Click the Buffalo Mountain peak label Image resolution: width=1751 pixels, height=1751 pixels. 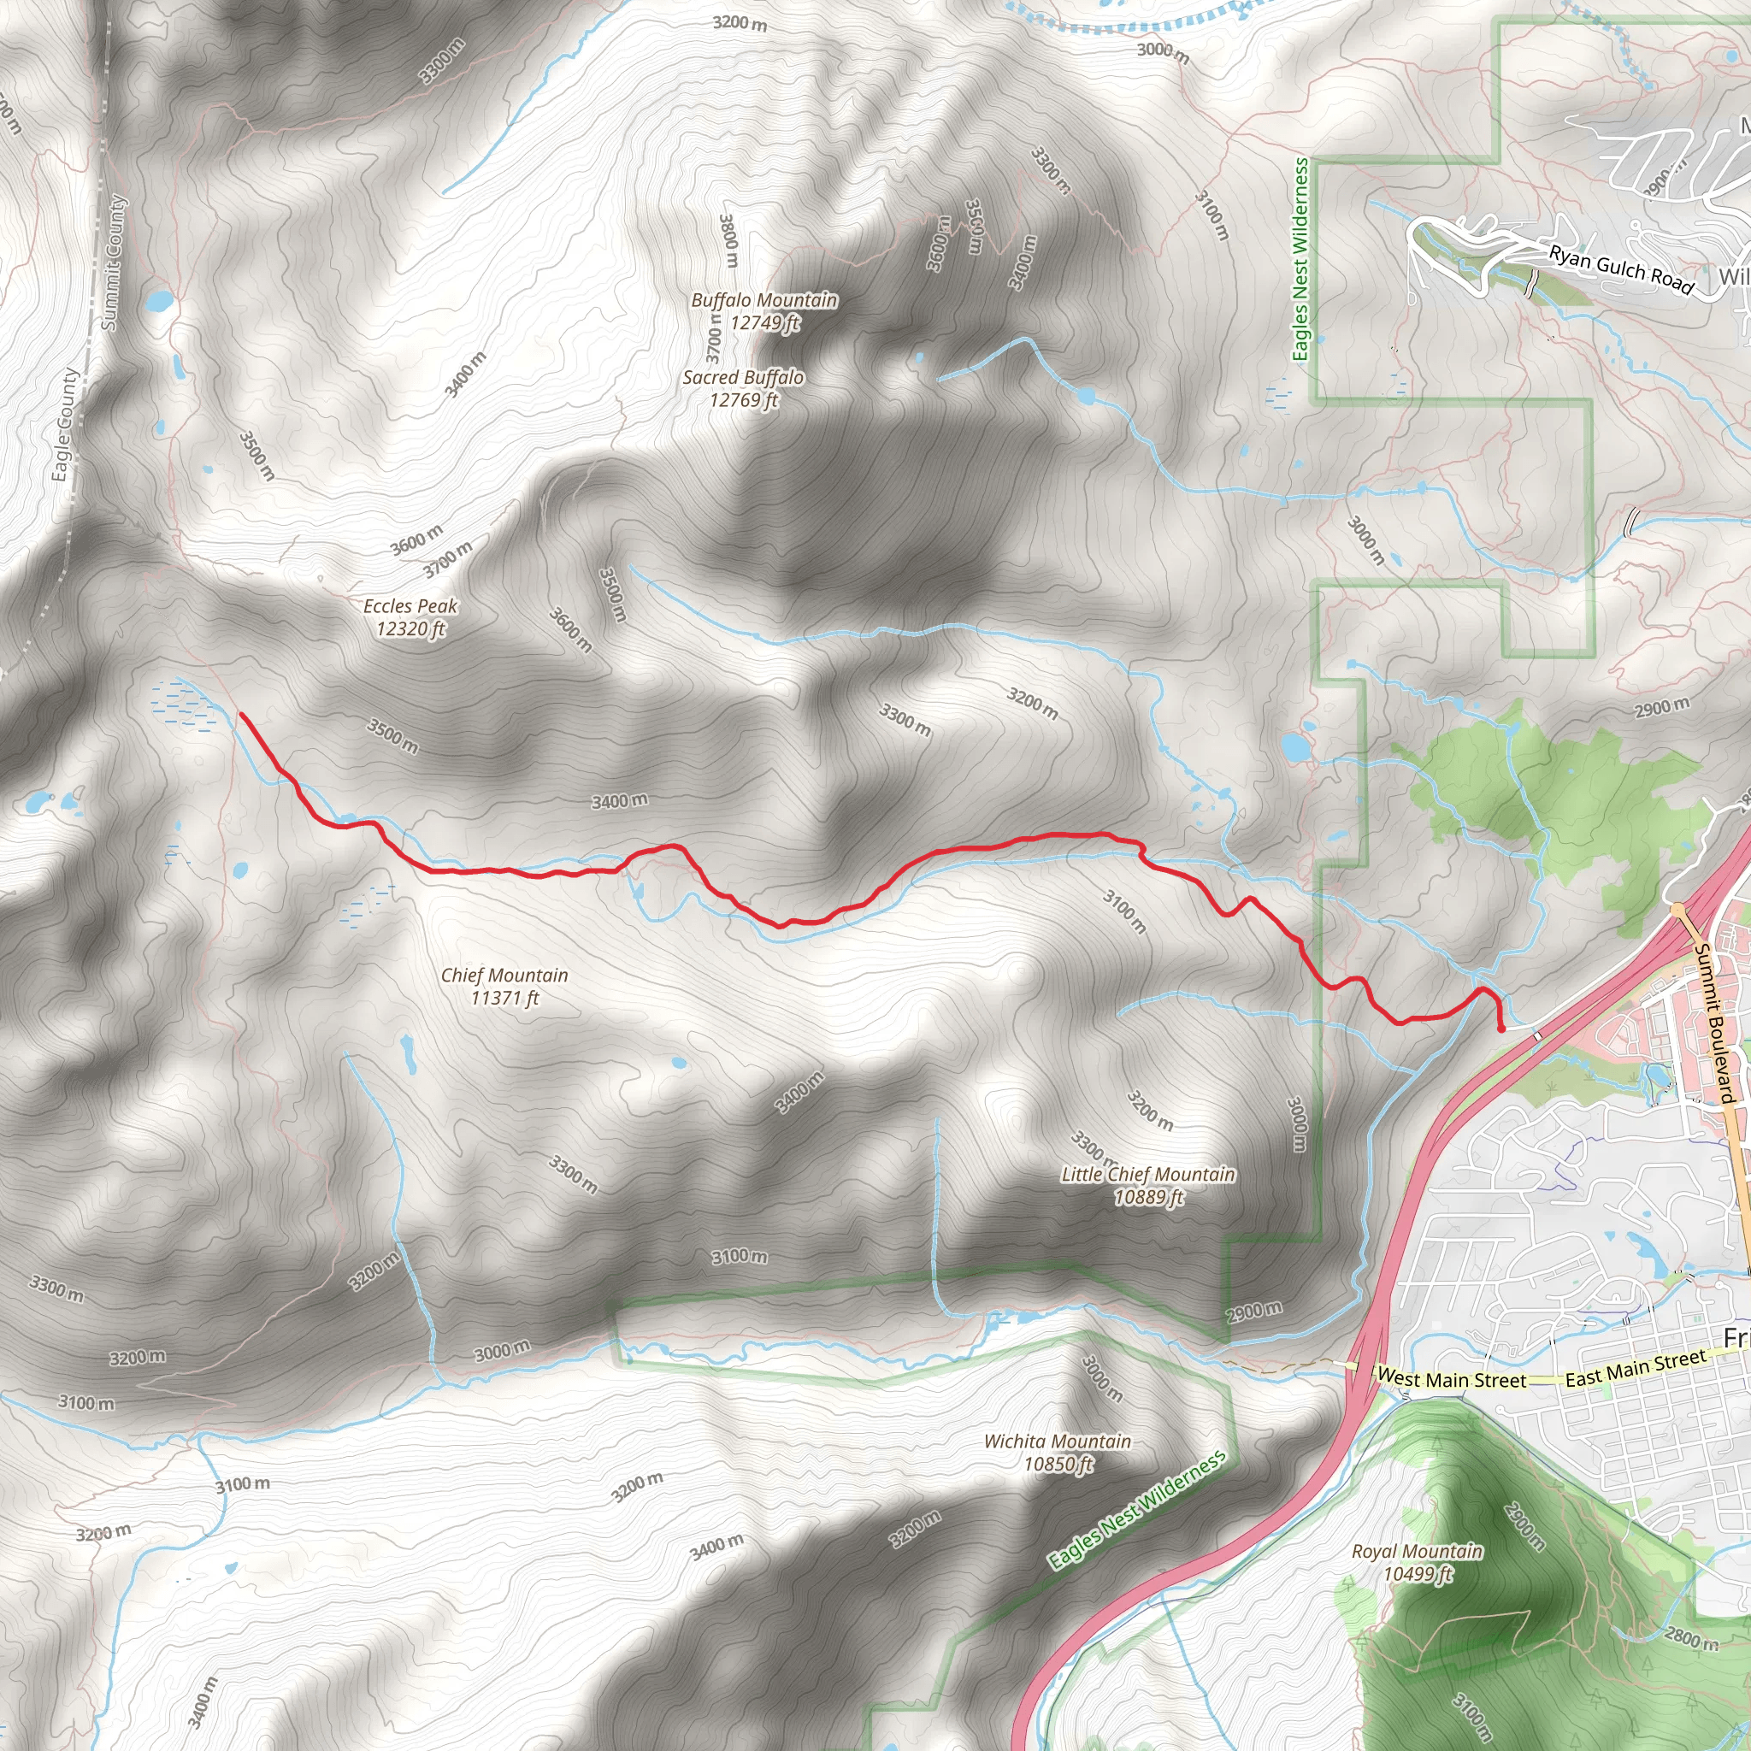[x=764, y=311]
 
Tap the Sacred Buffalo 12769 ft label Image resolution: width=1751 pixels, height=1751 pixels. [x=743, y=388]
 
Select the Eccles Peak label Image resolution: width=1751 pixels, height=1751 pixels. [x=410, y=616]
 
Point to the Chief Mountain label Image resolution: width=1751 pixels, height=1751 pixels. [x=504, y=986]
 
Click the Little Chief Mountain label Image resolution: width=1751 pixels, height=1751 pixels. [x=1148, y=1184]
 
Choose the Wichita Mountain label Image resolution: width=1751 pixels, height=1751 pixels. [x=1058, y=1452]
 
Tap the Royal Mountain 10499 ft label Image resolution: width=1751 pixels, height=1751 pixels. [x=1417, y=1561]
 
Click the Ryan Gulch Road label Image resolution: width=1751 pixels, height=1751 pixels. [x=1620, y=269]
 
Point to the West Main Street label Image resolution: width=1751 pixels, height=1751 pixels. [x=1451, y=1378]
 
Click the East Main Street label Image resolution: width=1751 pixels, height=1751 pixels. [x=1636, y=1368]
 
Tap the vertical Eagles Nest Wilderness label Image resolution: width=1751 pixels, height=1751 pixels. [x=1300, y=259]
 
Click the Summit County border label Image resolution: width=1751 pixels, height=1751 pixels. [x=115, y=262]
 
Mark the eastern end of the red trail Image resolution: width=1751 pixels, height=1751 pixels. [x=1501, y=1029]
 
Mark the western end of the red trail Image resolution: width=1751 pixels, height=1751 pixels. [x=241, y=714]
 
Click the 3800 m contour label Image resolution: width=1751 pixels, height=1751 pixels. [x=728, y=240]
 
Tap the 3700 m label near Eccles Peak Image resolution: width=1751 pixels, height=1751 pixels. [x=448, y=559]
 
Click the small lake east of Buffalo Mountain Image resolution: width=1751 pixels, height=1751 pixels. [x=1086, y=396]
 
